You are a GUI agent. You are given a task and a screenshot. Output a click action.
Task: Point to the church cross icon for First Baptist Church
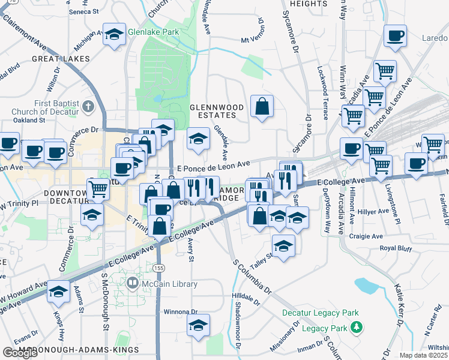89,107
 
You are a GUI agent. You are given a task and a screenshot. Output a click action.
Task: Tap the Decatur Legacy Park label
321,313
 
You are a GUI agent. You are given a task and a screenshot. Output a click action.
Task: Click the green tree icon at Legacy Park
357,327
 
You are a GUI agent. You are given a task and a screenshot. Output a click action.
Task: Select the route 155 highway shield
158,268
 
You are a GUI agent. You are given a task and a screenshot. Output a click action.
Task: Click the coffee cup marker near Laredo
395,36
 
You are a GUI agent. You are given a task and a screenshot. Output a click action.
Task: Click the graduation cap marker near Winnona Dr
198,325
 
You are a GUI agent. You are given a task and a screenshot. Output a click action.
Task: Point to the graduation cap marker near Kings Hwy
58,292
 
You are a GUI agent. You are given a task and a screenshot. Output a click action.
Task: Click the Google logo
20,353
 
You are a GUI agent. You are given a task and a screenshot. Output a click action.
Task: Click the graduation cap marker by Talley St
283,245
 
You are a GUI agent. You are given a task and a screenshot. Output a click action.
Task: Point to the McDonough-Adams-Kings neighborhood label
79,349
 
